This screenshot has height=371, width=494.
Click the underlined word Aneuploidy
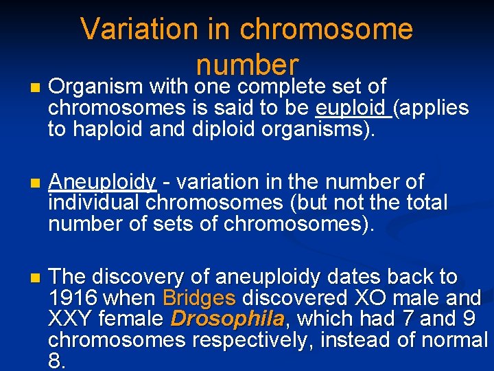pyautogui.click(x=103, y=182)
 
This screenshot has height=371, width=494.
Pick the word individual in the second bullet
pyautogui.click(x=96, y=203)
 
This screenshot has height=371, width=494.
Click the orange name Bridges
pyautogui.click(x=200, y=298)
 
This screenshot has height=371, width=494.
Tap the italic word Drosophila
pyautogui.click(x=227, y=319)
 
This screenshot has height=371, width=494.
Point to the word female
pyautogui.click(x=130, y=319)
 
